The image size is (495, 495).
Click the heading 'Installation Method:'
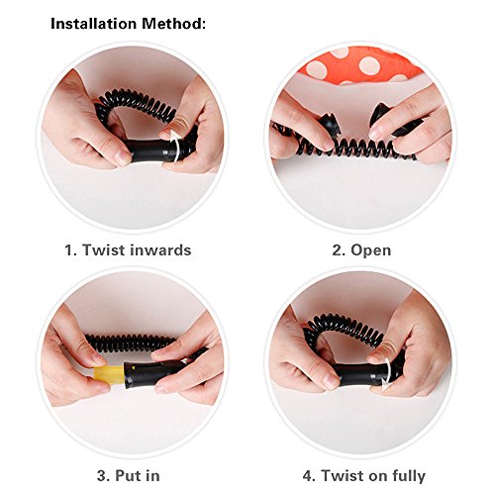[x=128, y=24]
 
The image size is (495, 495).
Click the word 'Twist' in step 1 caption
[x=103, y=249]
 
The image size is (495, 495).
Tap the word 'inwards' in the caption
[x=160, y=249]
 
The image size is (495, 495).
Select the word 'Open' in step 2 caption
[x=370, y=250]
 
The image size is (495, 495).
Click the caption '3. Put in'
[x=129, y=476]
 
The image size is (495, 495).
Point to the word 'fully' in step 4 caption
[x=409, y=476]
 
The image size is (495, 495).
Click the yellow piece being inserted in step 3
[x=108, y=375]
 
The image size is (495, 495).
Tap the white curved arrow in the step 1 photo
[x=176, y=146]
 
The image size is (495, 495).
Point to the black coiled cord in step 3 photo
[x=130, y=343]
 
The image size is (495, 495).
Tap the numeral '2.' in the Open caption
[x=339, y=250]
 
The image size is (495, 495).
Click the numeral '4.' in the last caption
[x=310, y=476]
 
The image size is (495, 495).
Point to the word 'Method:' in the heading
[x=174, y=24]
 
